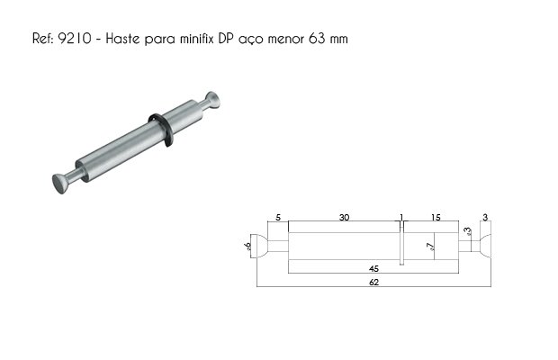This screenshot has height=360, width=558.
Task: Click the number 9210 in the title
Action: [x=75, y=39]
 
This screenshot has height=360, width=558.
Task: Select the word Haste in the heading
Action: [x=122, y=39]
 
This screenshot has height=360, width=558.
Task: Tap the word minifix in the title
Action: [x=196, y=39]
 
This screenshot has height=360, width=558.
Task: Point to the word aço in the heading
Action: [x=251, y=40]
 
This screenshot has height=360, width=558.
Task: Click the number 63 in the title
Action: [x=317, y=39]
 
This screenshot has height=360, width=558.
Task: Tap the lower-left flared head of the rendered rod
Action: [x=60, y=184]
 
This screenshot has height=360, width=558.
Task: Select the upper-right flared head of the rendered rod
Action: [x=212, y=100]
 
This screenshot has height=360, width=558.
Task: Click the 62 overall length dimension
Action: [x=374, y=283]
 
